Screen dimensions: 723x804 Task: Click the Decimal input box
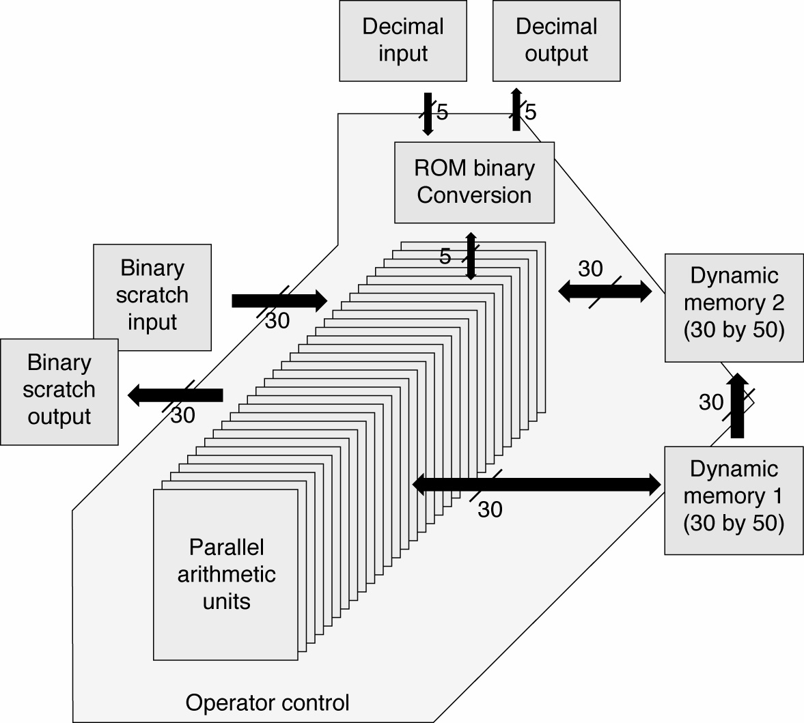[x=403, y=40]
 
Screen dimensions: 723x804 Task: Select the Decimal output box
[x=556, y=40]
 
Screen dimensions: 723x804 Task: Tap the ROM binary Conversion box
[x=474, y=182]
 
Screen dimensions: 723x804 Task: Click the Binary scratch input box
[x=152, y=295]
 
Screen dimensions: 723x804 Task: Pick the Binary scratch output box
[x=59, y=391]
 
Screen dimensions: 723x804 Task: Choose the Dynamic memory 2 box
[x=734, y=307]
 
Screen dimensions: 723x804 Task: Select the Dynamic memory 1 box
[x=734, y=499]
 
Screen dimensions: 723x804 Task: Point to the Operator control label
[x=267, y=703]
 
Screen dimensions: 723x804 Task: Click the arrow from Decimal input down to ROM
[x=428, y=114]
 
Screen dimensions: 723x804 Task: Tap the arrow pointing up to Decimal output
[x=516, y=109]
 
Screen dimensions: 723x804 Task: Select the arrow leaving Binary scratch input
[x=279, y=300]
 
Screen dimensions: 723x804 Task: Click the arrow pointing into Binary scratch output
[x=176, y=395]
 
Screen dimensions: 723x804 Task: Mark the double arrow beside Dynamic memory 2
[x=605, y=292]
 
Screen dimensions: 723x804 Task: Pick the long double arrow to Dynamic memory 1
[x=537, y=485]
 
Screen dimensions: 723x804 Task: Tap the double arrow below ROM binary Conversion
[x=470, y=256]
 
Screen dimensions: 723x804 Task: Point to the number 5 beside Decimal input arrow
[x=442, y=112]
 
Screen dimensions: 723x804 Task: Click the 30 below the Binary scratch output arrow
[x=182, y=415]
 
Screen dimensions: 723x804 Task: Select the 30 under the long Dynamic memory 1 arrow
[x=490, y=509]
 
